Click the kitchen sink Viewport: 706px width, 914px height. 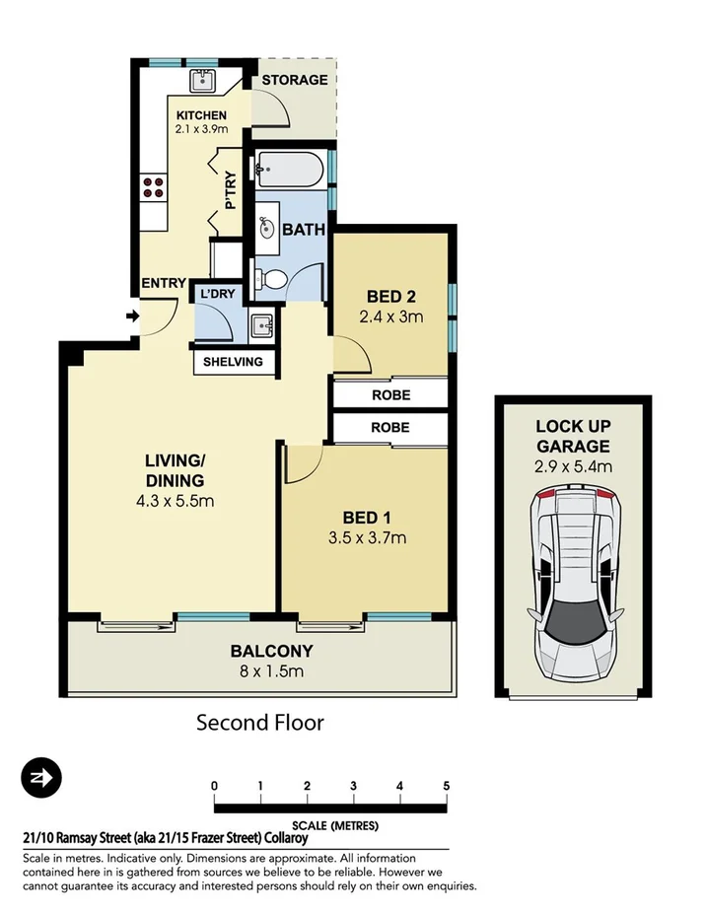[204, 80]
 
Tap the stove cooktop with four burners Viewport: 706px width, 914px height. [153, 187]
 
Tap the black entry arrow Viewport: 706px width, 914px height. [132, 316]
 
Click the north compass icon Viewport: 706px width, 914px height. [42, 779]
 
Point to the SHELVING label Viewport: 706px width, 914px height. [233, 362]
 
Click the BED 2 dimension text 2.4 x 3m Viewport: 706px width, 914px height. [389, 316]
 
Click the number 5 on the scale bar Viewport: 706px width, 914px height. [447, 786]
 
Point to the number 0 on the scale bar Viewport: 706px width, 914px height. [214, 786]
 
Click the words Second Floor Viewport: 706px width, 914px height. [260, 723]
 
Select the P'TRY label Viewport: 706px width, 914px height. [231, 191]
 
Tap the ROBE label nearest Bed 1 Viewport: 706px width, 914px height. [390, 428]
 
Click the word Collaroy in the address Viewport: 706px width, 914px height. [282, 838]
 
